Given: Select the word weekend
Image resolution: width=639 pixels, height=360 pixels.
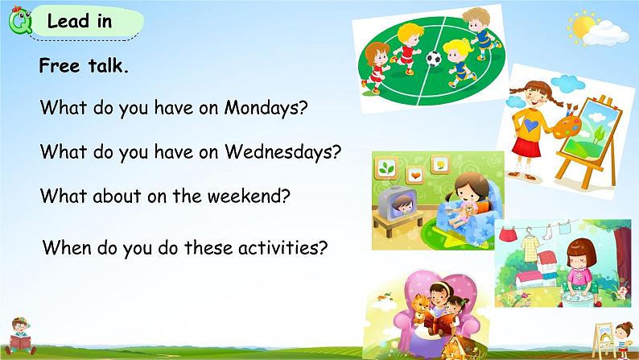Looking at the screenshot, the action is point(245,196).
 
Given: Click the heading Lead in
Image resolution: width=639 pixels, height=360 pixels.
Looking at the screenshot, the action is point(80,21).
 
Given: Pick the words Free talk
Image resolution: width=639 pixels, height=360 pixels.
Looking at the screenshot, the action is point(84,65).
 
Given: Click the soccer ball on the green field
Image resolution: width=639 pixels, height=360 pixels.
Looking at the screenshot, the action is point(434,59).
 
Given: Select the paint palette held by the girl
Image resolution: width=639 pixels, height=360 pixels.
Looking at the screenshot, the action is point(567,126).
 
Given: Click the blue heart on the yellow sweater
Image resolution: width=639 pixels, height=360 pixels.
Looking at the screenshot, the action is point(531,125).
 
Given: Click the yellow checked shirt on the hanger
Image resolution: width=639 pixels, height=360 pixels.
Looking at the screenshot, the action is point(530,249).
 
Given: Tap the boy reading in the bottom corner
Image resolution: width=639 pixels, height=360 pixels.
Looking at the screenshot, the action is point(20,337).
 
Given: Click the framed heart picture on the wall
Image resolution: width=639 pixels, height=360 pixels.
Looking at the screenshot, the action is point(415,176).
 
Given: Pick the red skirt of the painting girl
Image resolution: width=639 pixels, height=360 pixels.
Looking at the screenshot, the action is point(526,147).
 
